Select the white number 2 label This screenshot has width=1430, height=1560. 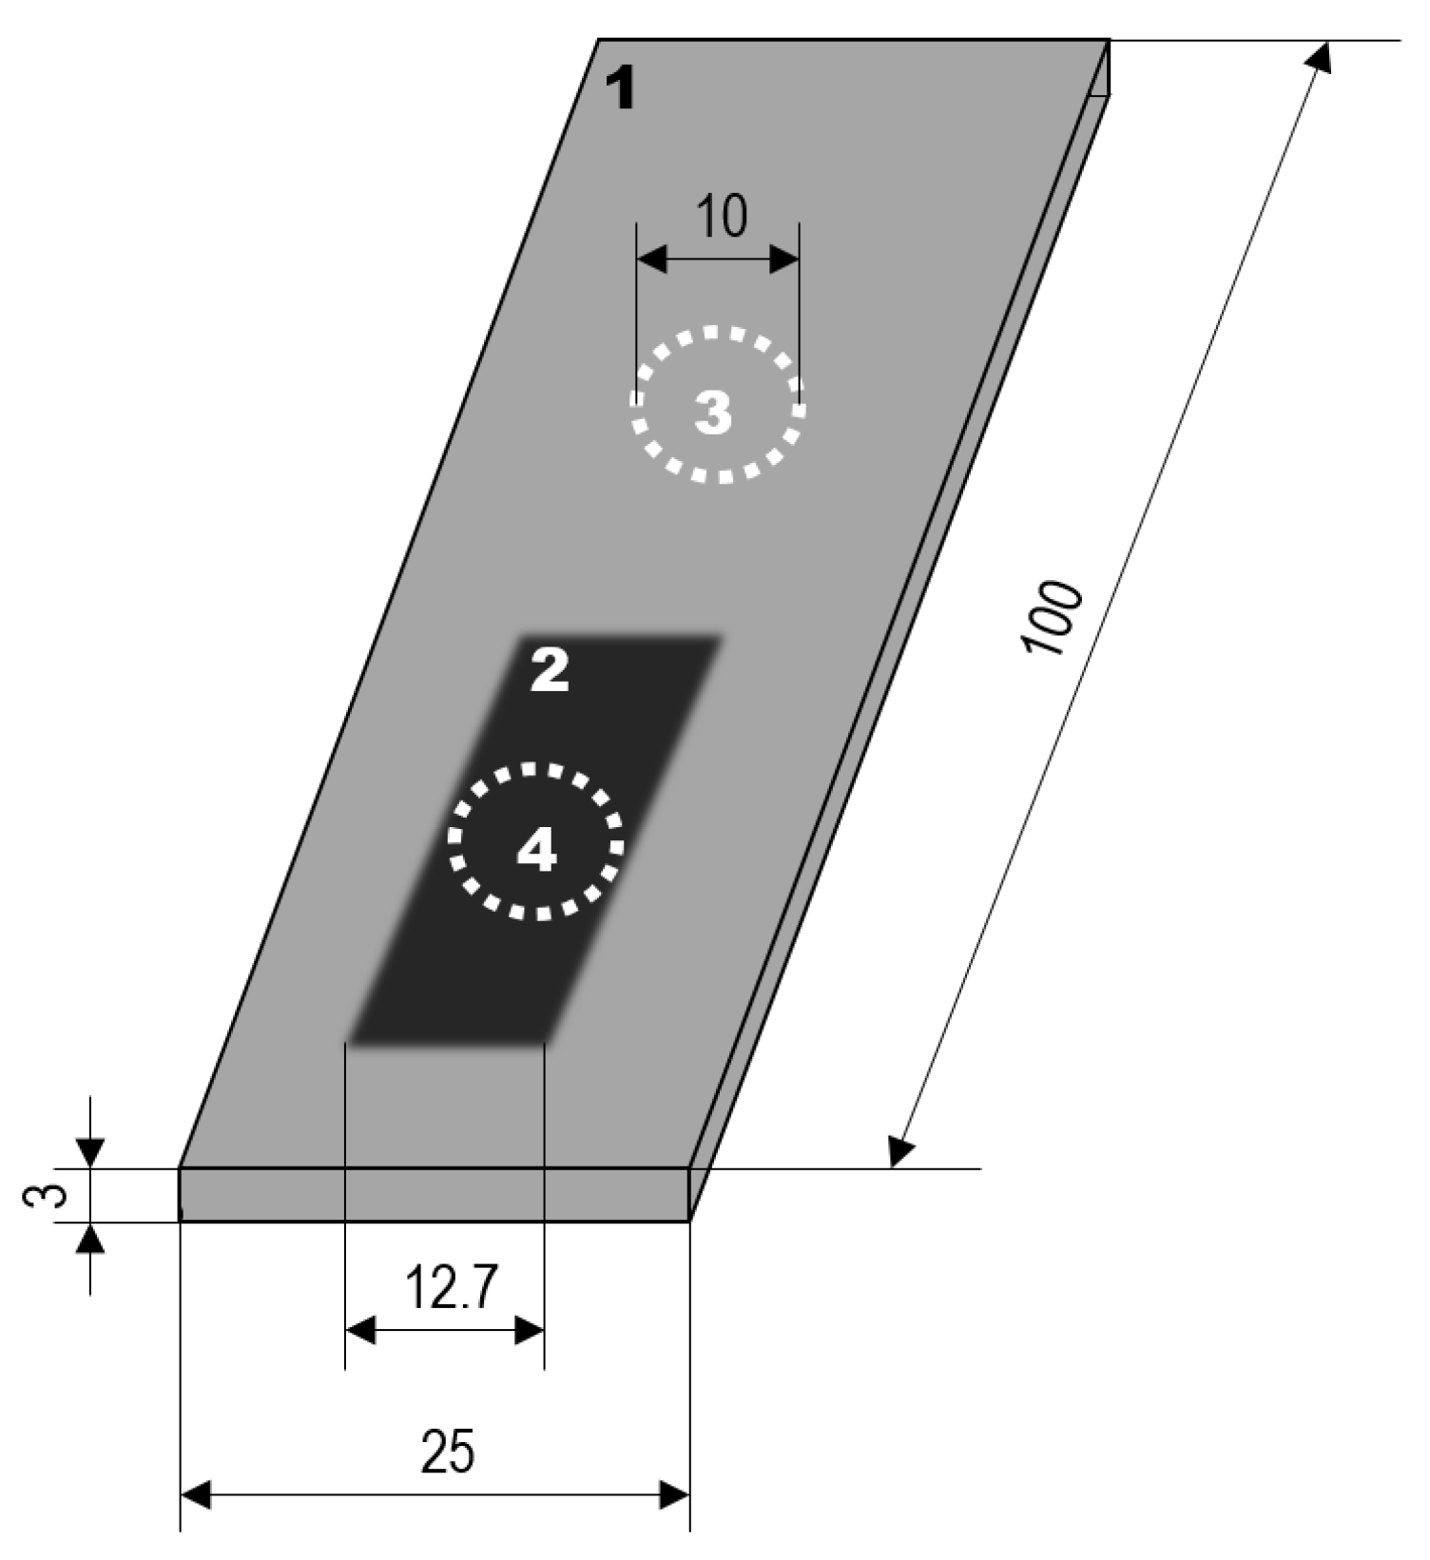coord(550,672)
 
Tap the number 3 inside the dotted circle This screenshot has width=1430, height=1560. coord(713,414)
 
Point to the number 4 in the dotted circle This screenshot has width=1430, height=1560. coord(535,849)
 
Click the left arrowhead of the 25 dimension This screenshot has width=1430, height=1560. coord(194,1495)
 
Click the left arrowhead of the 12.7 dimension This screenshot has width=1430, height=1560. coord(359,1330)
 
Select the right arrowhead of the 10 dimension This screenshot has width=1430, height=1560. coord(784,258)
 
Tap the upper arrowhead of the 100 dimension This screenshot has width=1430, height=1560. coord(1319,56)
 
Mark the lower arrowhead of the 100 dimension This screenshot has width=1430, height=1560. coord(899,1152)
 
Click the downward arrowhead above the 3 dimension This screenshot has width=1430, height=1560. coord(89,1153)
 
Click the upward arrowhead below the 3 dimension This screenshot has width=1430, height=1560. coord(90,1237)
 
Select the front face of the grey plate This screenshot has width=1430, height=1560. coord(434,1195)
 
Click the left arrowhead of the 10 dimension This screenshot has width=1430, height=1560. coord(651,258)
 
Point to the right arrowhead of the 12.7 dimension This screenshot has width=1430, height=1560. coord(530,1330)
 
